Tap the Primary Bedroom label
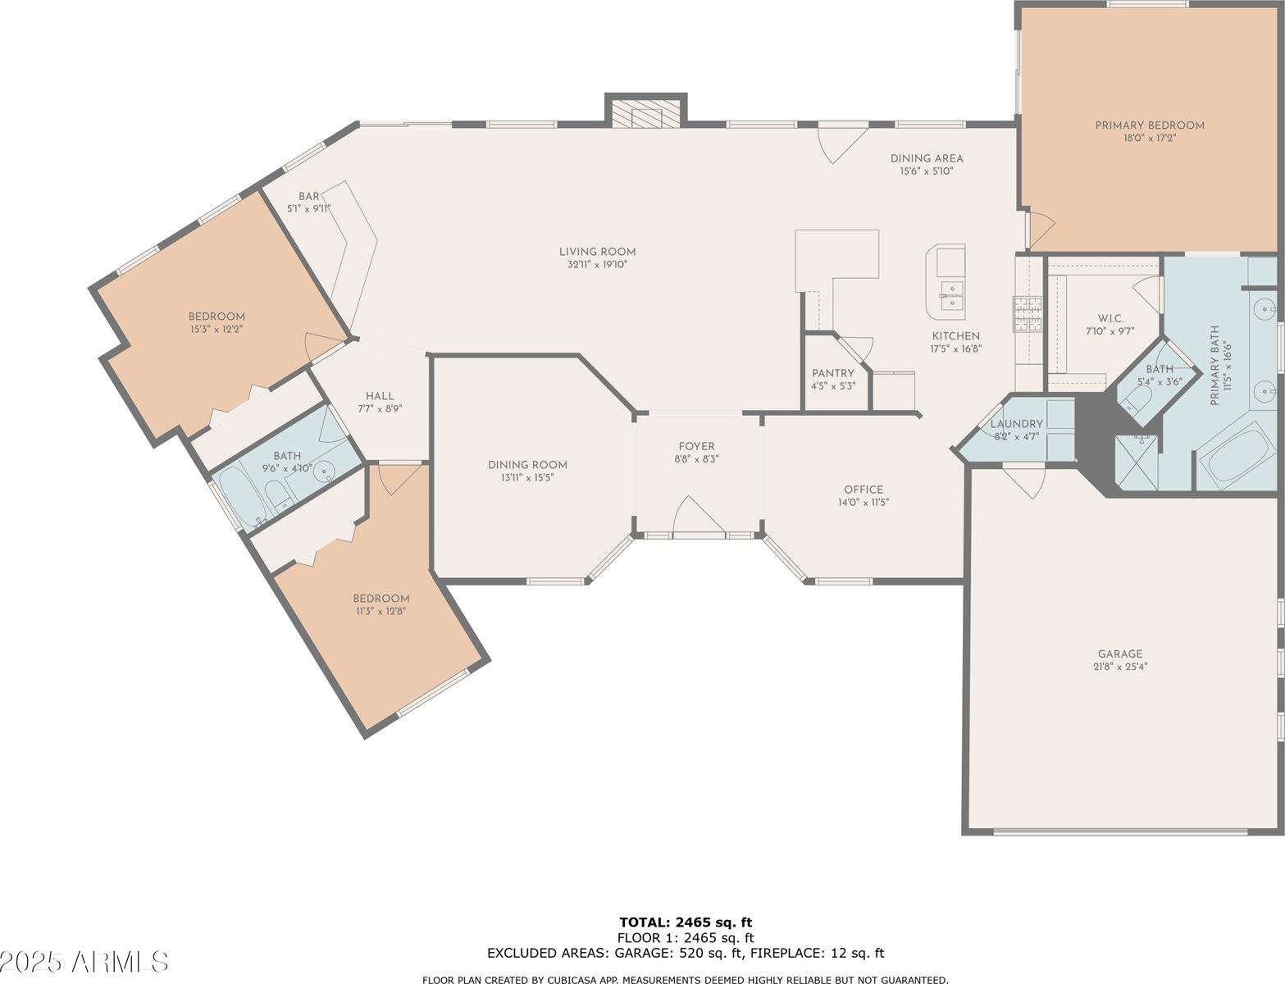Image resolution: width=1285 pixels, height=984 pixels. pyautogui.click(x=1150, y=125)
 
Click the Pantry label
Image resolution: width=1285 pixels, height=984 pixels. pyautogui.click(x=833, y=373)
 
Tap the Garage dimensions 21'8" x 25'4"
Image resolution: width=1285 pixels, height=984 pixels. pyautogui.click(x=1120, y=667)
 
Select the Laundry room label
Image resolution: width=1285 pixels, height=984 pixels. pyautogui.click(x=1016, y=424)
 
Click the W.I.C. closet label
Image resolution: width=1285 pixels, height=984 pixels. pyautogui.click(x=1110, y=318)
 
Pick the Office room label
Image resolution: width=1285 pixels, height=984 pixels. pyautogui.click(x=863, y=490)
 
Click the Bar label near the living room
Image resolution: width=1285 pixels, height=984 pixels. pyautogui.click(x=308, y=196)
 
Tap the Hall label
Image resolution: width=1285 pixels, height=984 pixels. pyautogui.click(x=380, y=395)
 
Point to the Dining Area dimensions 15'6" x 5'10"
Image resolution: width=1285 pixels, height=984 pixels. pyautogui.click(x=927, y=171)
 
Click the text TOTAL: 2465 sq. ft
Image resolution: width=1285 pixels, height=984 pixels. pyautogui.click(x=685, y=922)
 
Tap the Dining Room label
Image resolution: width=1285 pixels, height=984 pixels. pyautogui.click(x=527, y=465)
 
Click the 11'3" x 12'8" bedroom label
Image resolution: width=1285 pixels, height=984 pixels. pyautogui.click(x=380, y=599)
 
